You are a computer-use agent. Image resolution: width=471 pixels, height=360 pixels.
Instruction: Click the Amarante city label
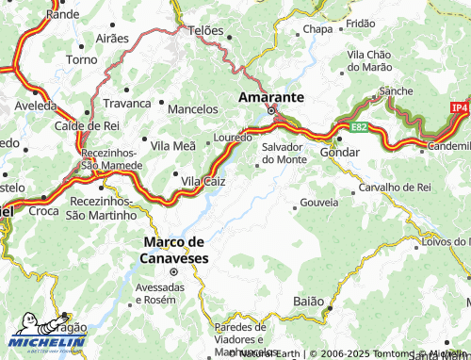coord(270,97)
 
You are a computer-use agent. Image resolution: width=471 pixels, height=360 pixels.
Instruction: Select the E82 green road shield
coord(359,125)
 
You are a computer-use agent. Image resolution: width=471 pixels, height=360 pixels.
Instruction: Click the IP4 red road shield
coord(459,108)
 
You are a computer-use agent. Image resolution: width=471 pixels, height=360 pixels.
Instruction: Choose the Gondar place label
coord(340,152)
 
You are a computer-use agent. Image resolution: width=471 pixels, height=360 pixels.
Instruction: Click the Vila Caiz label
coord(203,180)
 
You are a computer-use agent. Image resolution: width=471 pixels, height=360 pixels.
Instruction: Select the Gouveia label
coord(317,204)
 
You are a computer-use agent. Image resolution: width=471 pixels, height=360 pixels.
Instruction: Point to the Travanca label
coord(127,103)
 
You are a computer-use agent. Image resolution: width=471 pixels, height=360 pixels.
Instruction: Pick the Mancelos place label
coord(192,109)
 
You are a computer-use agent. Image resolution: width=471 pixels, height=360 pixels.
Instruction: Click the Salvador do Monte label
coord(283,153)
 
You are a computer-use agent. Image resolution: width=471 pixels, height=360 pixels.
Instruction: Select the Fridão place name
coord(360,23)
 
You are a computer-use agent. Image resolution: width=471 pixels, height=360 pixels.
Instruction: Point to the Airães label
coord(112,39)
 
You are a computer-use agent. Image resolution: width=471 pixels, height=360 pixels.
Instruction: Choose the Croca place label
coord(42,212)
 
